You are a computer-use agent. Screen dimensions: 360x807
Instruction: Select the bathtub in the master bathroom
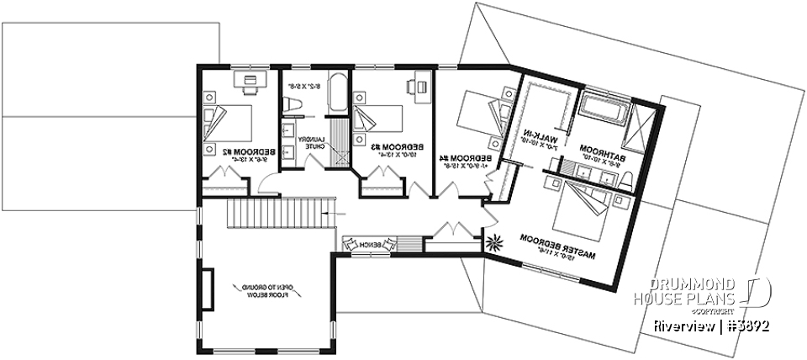(603, 108)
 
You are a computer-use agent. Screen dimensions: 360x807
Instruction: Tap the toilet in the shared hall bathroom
(293, 103)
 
